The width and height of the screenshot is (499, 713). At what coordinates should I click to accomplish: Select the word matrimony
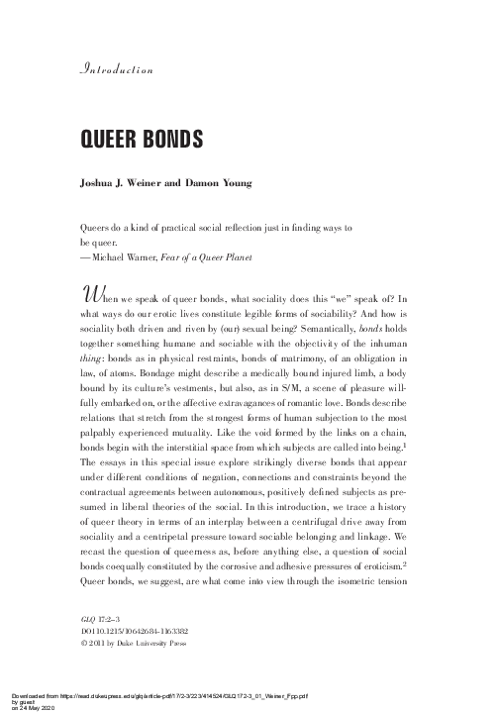click(x=271, y=365)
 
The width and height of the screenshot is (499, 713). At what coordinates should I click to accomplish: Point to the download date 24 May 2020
click(x=29, y=708)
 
